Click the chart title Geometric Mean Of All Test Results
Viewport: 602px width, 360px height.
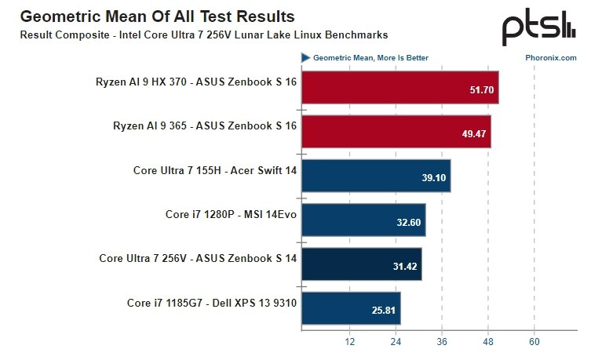tap(157, 16)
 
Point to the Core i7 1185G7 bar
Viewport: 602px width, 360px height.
tap(351, 308)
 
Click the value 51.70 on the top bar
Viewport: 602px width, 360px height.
tap(481, 90)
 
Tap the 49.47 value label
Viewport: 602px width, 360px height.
tap(473, 134)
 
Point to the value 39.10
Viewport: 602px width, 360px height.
tap(433, 178)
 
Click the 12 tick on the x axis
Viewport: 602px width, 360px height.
tap(349, 341)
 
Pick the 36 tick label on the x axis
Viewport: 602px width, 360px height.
tap(442, 341)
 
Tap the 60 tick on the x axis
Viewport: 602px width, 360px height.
tap(535, 341)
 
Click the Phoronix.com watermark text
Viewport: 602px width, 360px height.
tap(551, 57)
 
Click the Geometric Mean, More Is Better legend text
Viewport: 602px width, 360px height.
tap(370, 57)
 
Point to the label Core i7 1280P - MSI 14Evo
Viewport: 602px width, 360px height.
tap(231, 214)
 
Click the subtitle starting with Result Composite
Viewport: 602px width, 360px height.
tap(203, 35)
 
